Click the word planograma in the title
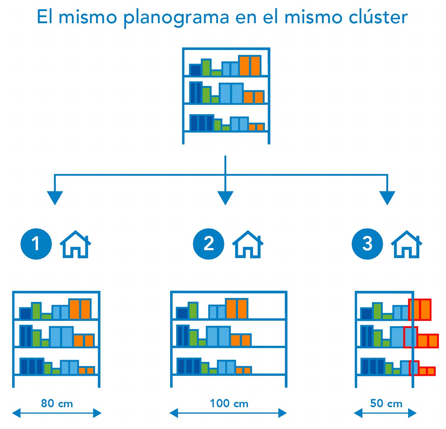(176, 17)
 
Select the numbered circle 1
(36, 244)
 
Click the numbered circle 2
(208, 244)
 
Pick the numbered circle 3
(367, 244)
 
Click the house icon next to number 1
(75, 244)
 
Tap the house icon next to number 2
(248, 244)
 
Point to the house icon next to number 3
(406, 244)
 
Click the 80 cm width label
(57, 404)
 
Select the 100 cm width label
(229, 404)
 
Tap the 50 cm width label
(386, 404)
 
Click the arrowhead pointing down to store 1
(55, 197)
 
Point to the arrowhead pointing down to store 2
(225, 197)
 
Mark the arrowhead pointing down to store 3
(387, 197)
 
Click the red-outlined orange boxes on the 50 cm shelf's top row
(420, 309)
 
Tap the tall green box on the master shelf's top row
(206, 67)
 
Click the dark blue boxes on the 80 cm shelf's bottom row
(31, 366)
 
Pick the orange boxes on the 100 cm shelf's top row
(237, 309)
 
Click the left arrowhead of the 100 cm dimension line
(174, 413)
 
